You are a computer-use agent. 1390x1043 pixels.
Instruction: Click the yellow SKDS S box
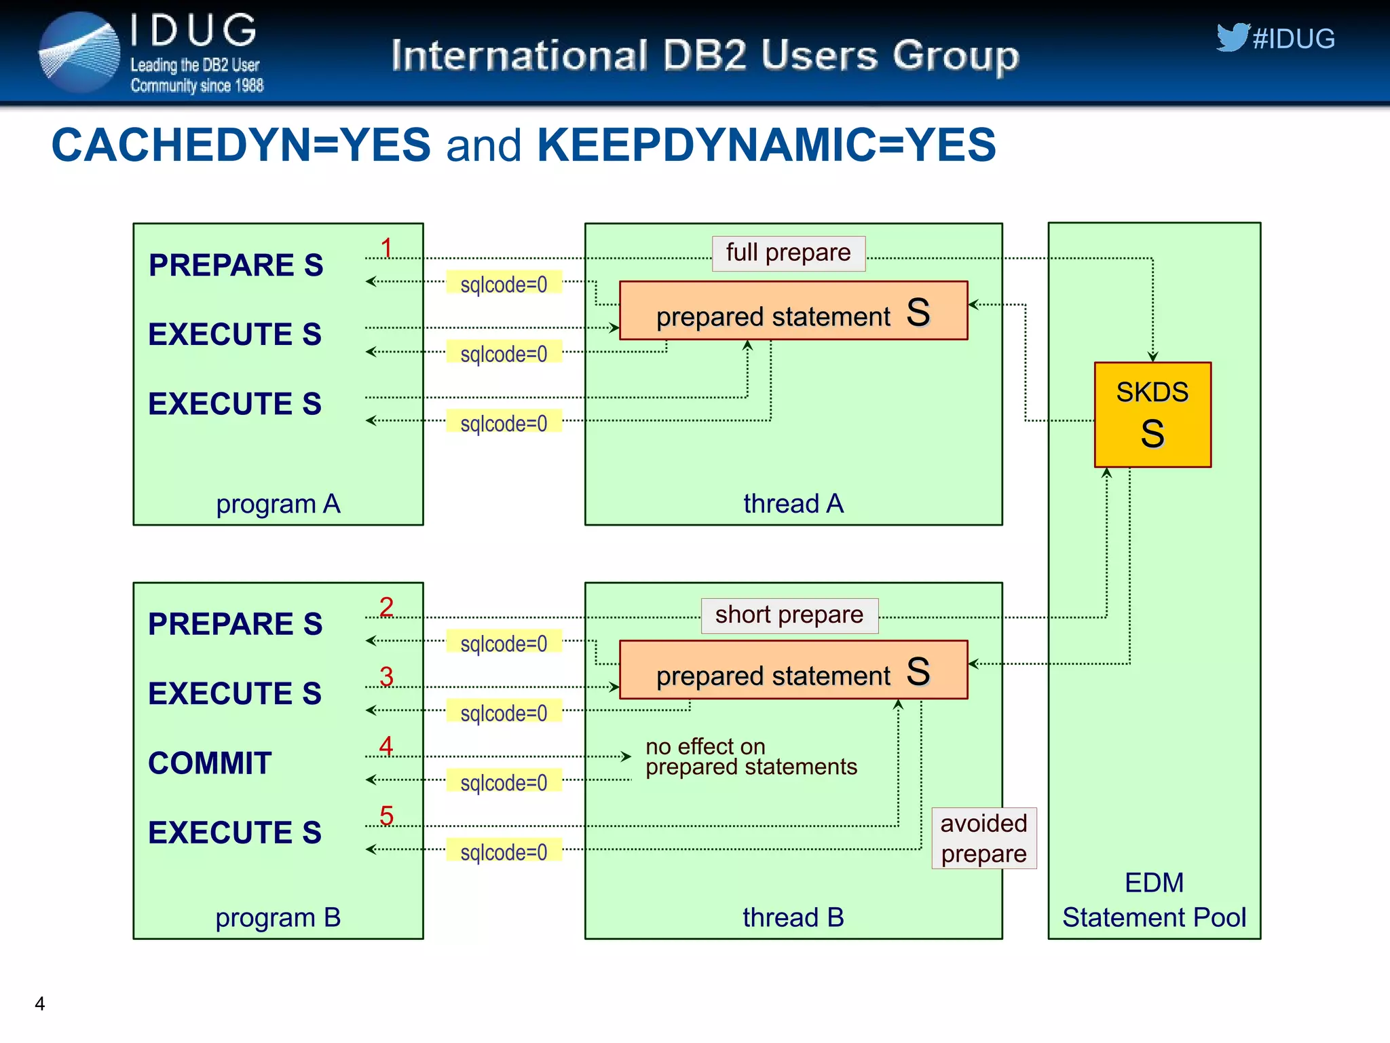click(x=1152, y=414)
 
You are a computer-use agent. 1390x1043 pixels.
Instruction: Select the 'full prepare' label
click(x=788, y=253)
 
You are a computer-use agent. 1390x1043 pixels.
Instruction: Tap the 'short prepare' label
click(x=789, y=615)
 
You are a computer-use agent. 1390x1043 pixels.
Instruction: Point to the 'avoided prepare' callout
click(x=983, y=838)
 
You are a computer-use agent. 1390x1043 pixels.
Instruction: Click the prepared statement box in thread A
click(x=793, y=311)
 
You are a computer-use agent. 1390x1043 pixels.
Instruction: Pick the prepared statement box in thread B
click(x=793, y=670)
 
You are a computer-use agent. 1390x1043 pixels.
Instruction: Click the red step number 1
click(x=386, y=248)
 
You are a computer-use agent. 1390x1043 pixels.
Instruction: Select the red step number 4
click(x=386, y=746)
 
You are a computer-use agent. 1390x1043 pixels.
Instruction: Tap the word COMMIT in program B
click(x=210, y=763)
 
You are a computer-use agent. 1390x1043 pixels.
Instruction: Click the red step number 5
click(x=386, y=816)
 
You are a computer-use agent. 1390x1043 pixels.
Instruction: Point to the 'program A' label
click(x=278, y=504)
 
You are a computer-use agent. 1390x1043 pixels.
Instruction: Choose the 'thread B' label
click(x=793, y=917)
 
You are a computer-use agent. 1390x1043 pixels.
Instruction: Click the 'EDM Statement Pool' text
click(x=1154, y=900)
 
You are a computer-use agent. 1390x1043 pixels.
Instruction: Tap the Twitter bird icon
click(x=1231, y=37)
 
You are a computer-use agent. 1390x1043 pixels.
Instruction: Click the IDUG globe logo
click(x=79, y=52)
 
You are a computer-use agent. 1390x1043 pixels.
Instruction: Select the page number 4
click(x=40, y=1004)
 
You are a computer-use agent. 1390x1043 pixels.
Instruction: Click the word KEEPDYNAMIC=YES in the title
click(x=766, y=145)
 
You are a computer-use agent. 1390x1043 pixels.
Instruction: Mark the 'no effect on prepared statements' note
click(x=751, y=756)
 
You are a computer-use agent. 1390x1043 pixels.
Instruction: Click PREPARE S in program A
click(x=236, y=265)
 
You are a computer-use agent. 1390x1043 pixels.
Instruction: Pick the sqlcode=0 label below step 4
click(x=504, y=782)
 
